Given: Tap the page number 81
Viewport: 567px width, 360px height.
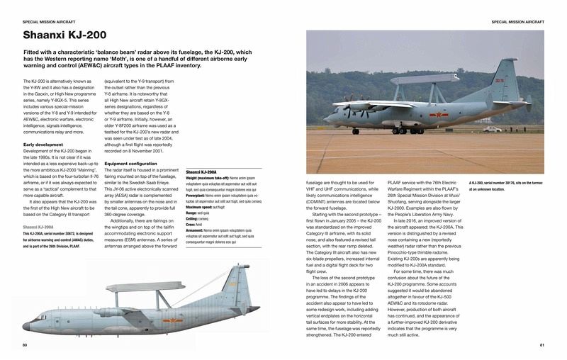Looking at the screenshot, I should tap(541, 345).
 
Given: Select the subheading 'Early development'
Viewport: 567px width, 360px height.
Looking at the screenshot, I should tap(44, 145).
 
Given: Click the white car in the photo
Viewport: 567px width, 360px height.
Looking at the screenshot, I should tap(491, 129).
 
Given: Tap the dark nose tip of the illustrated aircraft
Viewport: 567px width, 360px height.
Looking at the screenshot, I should tap(26, 327).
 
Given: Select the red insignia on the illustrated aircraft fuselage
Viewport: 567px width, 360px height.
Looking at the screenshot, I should tap(169, 321).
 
